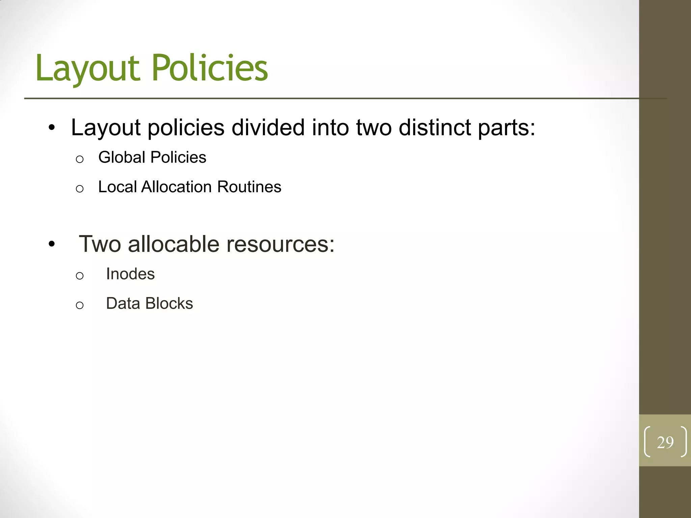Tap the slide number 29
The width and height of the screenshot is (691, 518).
pos(665,442)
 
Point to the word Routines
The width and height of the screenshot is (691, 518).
pos(249,187)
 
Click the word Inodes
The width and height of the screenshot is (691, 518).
pos(130,274)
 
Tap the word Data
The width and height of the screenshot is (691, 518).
pos(123,303)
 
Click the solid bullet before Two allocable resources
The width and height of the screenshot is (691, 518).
pos(51,244)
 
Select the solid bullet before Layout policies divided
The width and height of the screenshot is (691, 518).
pos(51,128)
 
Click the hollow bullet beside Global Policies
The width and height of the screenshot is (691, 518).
pos(80,159)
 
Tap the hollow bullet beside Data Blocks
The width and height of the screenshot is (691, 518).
pos(80,305)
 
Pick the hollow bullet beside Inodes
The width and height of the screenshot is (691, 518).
pos(80,276)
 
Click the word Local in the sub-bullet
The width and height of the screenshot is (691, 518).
pos(117,187)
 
